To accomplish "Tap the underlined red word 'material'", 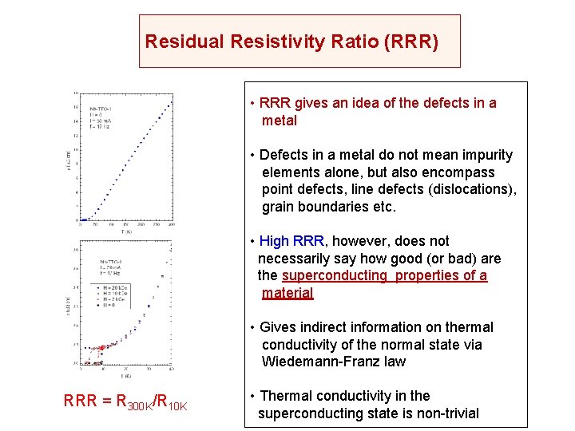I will click(287, 293).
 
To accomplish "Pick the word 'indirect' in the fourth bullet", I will click(323, 327).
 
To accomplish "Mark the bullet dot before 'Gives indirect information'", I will click(252, 328).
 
